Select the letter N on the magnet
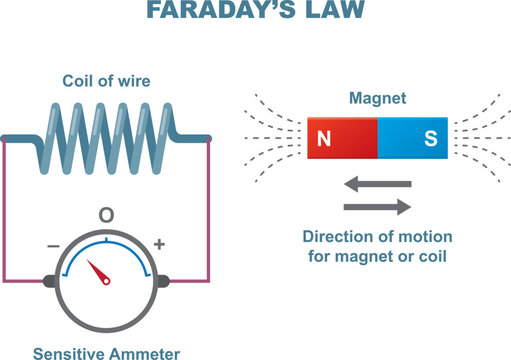[323, 140]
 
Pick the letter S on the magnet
[430, 140]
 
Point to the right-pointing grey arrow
[377, 207]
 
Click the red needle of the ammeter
[101, 273]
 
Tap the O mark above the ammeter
[106, 215]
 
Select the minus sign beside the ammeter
[54, 243]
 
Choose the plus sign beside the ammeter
[158, 243]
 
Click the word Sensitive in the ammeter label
[69, 351]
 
